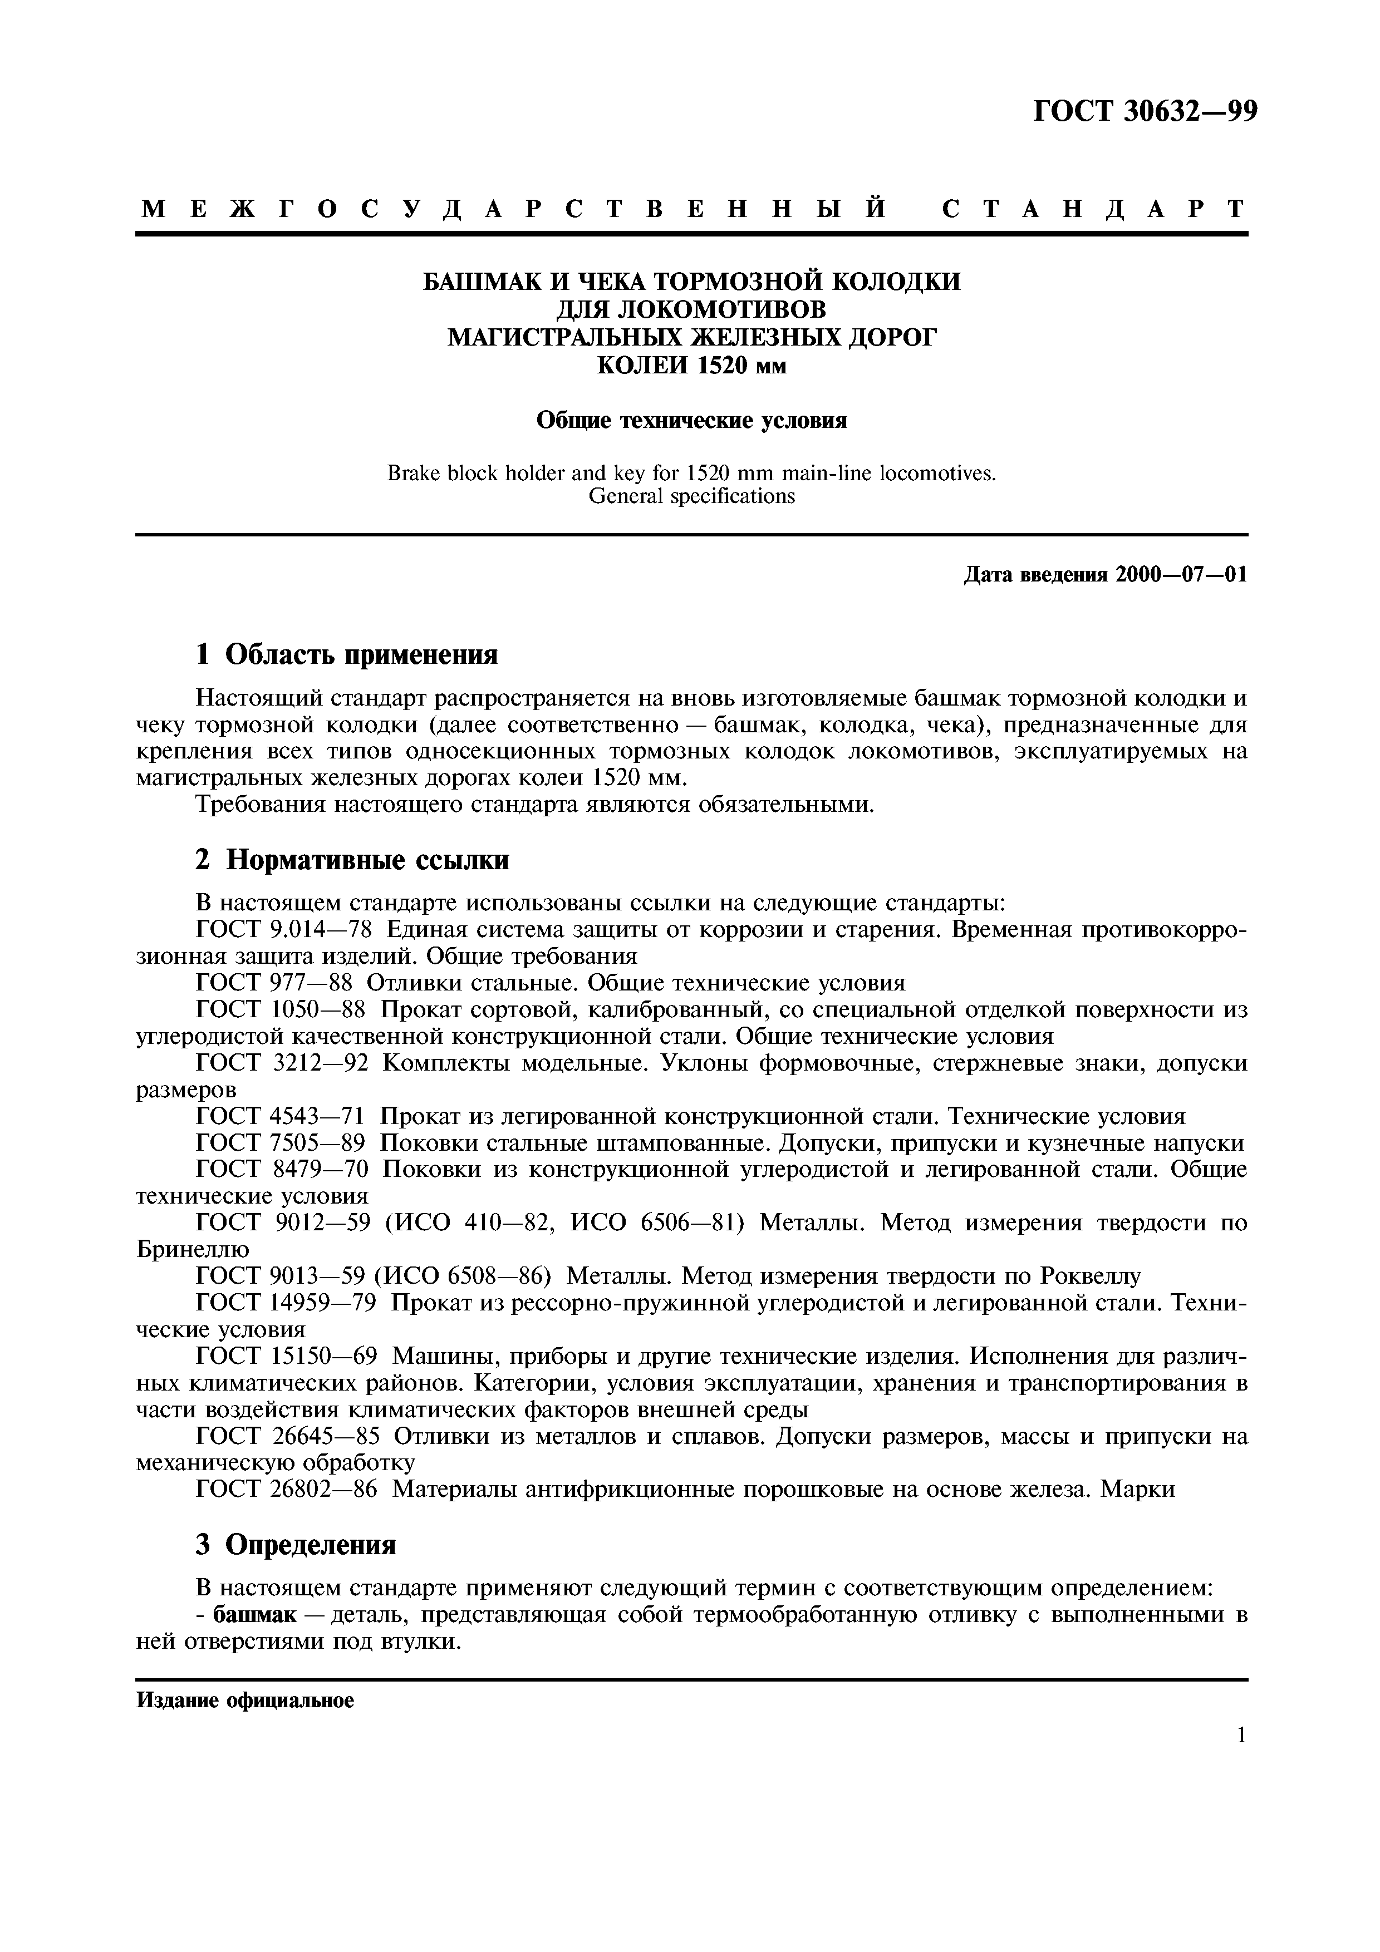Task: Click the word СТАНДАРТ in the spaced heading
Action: tap(1094, 209)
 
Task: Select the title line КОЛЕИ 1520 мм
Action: tap(691, 367)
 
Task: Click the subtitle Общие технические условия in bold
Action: tap(691, 421)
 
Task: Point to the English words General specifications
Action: tap(691, 496)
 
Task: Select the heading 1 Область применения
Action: tap(346, 654)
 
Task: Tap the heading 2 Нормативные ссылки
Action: tap(352, 860)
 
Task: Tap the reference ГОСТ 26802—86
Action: tap(287, 1490)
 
